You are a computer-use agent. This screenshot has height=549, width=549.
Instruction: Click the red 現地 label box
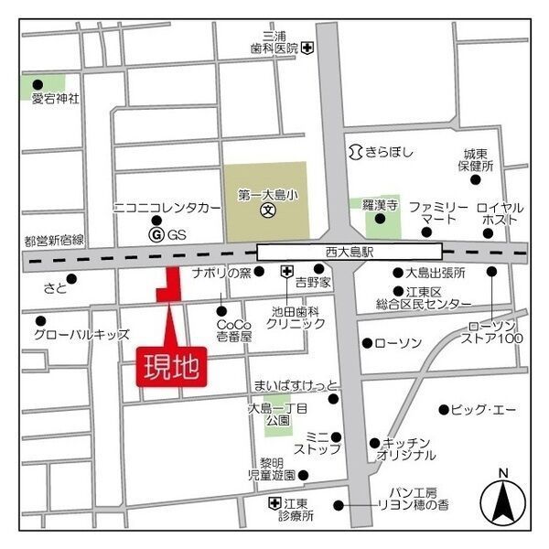point(170,366)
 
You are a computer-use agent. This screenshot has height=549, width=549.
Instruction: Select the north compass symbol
point(502,500)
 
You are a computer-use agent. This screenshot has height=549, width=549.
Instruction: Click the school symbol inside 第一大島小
point(269,210)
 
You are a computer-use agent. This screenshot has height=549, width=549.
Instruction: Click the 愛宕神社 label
point(55,97)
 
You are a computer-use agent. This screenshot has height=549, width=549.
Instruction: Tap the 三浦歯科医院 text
point(274,47)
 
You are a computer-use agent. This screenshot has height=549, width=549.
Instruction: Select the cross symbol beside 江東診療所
point(274,503)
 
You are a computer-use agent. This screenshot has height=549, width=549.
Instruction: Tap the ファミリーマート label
point(438,214)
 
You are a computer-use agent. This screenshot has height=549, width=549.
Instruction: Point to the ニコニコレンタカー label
point(167,209)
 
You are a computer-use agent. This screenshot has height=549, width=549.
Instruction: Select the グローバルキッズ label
point(81,334)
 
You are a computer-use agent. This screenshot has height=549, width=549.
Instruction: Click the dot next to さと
point(71,278)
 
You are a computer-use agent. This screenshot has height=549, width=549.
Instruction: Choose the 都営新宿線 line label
point(54,241)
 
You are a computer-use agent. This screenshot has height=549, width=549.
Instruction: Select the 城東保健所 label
point(476,160)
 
